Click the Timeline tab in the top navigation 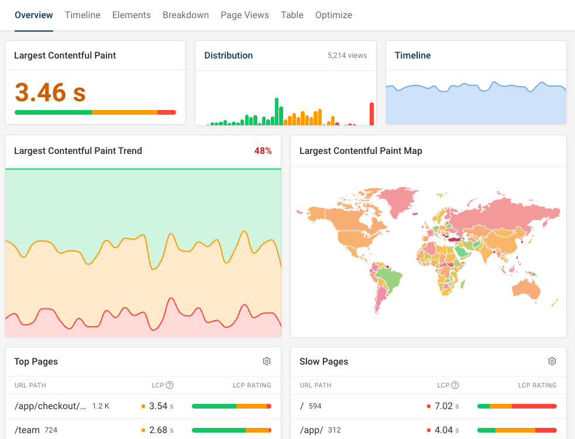coord(82,15)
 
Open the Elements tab coord(131,15)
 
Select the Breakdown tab coord(185,15)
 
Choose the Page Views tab coord(245,15)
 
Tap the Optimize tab coord(333,15)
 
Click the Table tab coord(292,15)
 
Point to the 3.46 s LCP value coord(50,92)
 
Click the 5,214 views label coord(347,56)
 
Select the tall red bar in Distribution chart coord(371,114)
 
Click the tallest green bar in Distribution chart coord(277,111)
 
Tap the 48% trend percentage coord(263,151)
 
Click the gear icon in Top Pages coord(267,361)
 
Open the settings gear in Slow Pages coord(552,361)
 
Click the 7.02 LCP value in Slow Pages coord(443,406)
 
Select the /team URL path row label coord(27,430)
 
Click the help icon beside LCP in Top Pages coord(170,385)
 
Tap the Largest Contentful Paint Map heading coord(360,151)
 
